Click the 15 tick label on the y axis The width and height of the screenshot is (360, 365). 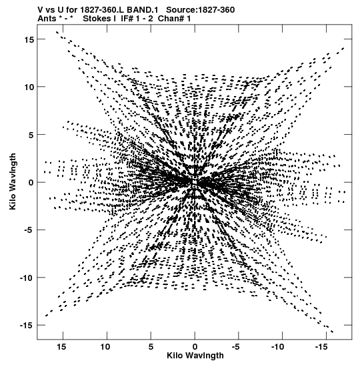coord(29,39)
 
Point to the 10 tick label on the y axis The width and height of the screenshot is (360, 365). coord(29,87)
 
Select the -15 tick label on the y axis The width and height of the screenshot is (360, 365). coord(27,325)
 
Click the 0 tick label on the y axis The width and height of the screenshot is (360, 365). coord(31,183)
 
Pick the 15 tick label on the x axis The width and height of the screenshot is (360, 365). coord(61,347)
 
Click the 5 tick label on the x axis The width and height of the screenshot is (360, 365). coord(151,347)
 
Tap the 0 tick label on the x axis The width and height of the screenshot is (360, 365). coord(195,347)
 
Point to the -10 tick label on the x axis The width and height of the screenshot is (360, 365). coord(278,347)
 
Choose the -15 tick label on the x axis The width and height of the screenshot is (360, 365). coord(321,347)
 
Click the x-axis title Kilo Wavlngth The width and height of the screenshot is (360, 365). coord(195,356)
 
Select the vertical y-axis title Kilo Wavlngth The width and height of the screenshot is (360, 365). coord(13,181)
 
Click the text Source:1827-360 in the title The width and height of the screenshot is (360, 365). coord(201,10)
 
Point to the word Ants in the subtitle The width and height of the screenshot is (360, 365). coord(47,19)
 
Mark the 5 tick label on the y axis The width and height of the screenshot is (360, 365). coord(31,135)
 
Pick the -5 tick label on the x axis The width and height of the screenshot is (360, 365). coord(235,347)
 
